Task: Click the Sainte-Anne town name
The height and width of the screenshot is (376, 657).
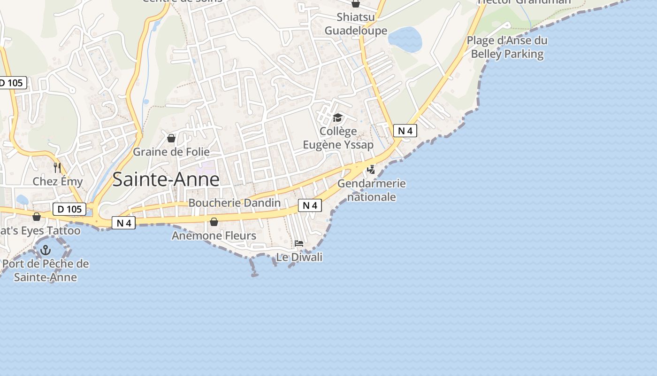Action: [166, 180]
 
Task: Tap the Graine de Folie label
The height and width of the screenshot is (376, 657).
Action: [171, 152]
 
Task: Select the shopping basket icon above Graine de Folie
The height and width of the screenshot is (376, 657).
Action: [171, 138]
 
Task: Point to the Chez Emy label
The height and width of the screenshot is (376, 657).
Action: [58, 181]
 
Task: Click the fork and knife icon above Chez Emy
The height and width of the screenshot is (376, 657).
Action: [57, 168]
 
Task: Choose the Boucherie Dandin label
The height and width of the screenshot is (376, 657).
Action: [234, 203]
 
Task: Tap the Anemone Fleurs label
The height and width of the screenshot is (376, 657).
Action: [214, 235]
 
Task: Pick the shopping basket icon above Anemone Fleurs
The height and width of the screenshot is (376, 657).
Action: [214, 222]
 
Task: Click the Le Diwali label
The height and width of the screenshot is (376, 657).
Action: [299, 257]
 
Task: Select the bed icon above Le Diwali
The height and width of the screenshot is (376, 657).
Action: [299, 243]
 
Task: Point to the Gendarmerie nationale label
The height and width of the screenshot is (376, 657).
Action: [371, 190]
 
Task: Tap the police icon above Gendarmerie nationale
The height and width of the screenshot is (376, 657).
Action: [371, 169]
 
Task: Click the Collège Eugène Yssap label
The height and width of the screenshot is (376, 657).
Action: [338, 138]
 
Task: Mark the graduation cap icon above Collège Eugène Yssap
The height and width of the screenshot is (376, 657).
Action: [337, 117]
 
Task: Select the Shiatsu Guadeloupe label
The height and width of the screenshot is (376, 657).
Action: [356, 24]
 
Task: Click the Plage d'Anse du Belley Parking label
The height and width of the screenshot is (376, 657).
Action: [507, 47]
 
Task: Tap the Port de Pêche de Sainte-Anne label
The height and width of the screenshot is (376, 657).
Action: [46, 270]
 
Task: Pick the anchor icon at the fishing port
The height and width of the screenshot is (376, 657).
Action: [46, 250]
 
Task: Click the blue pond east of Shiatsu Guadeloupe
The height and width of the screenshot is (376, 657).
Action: [405, 39]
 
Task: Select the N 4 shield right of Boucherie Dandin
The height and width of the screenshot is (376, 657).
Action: [310, 205]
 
